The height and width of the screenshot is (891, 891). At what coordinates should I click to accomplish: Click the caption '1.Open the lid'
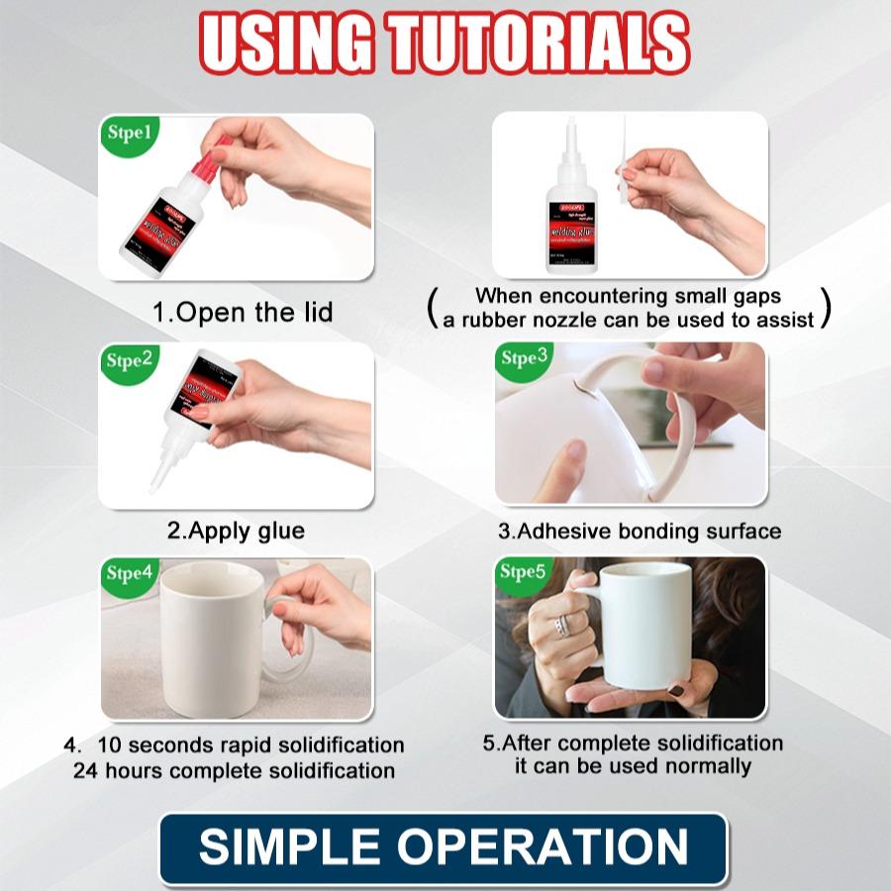243,313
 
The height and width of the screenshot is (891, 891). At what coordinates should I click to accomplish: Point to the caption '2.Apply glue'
236,531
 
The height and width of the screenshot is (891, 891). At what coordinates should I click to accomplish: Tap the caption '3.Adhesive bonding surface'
639,532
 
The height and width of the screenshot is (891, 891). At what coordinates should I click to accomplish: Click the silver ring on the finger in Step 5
563,625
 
